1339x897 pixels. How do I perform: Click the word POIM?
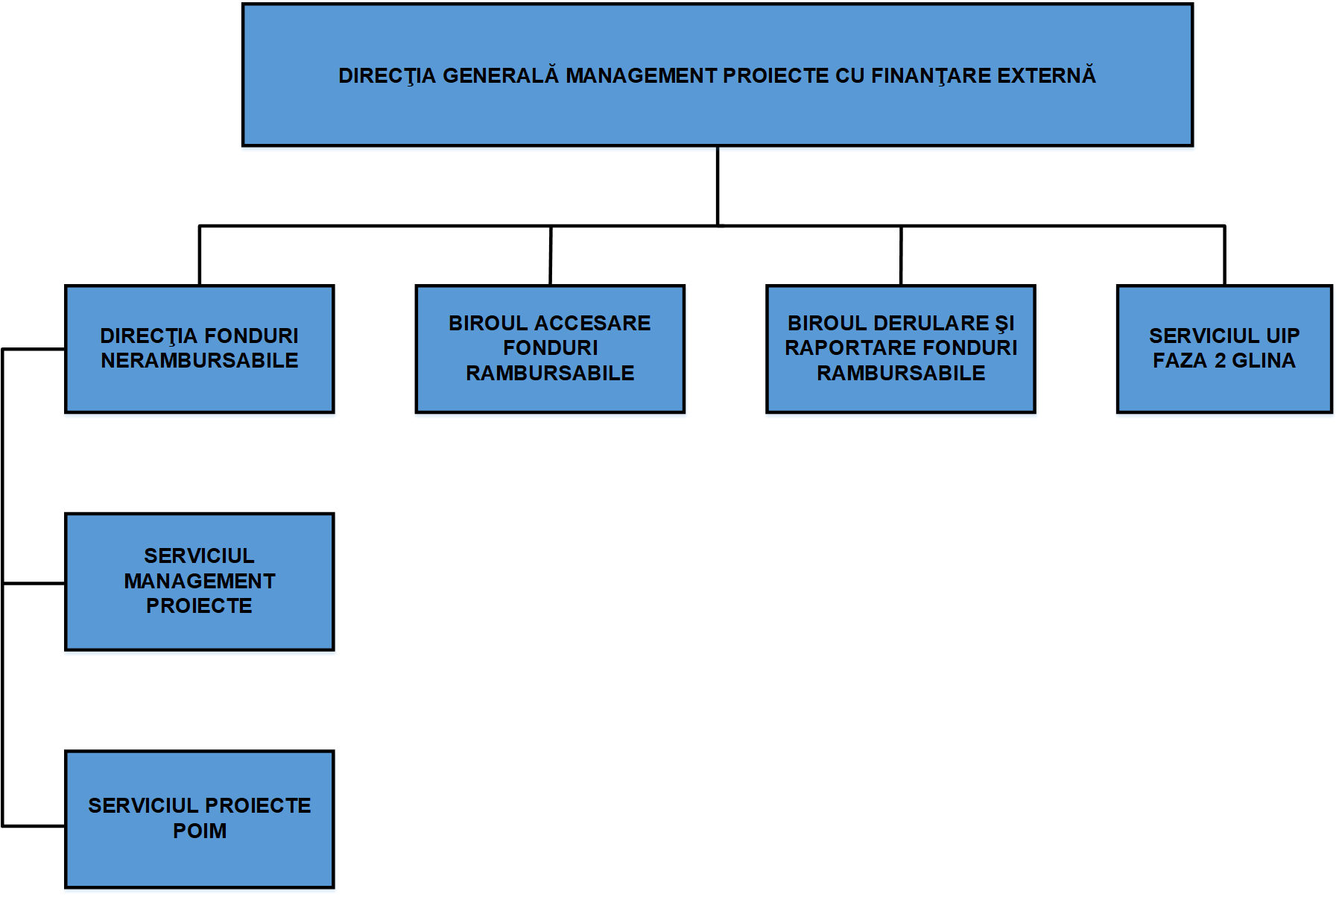[200, 831]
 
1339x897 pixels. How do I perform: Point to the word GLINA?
[1264, 361]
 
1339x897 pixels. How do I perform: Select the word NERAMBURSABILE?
[200, 361]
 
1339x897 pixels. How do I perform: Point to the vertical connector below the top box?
[718, 185]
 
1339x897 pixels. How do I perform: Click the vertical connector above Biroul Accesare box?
[551, 255]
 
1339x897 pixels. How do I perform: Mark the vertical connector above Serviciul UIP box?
[1224, 255]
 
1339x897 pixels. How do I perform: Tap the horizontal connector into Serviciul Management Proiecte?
[34, 583]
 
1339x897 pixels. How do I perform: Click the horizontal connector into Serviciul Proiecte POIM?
[34, 825]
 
